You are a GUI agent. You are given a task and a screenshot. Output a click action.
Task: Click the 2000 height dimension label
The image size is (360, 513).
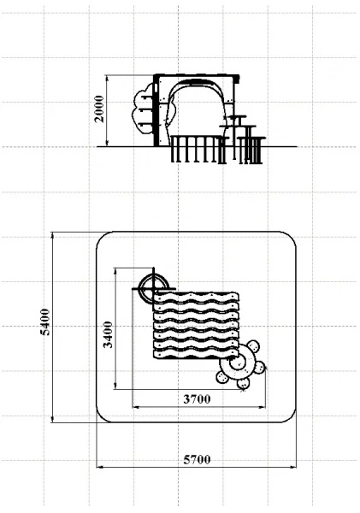coord(99,109)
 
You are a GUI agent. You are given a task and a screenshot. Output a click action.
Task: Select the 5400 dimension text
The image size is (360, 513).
coord(44,322)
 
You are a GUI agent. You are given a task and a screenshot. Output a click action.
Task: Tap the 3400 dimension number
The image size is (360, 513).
coord(108,334)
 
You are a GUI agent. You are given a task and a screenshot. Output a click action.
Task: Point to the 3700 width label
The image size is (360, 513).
coord(197,399)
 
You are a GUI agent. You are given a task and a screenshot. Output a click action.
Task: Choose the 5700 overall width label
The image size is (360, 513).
coord(197,460)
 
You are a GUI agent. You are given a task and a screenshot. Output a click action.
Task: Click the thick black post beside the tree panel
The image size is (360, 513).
coord(156,110)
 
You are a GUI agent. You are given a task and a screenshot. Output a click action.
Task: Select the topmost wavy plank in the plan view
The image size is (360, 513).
coord(197,298)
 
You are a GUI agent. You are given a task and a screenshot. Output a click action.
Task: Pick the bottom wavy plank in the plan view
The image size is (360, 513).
coord(196,353)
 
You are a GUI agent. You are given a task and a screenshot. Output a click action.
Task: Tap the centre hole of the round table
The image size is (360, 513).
coord(237,363)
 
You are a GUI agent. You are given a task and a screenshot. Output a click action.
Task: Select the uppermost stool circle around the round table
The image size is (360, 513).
coord(252,347)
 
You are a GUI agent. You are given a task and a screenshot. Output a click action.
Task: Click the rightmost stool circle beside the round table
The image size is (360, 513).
coord(258,368)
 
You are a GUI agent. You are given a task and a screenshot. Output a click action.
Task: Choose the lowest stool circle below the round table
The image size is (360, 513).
coord(244,383)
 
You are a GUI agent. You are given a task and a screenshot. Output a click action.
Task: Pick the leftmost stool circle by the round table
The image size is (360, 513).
coord(222,377)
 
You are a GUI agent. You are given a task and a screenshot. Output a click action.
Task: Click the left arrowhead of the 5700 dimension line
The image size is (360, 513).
coord(99,467)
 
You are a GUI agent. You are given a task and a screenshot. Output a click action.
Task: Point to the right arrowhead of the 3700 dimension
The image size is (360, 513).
coord(263,407)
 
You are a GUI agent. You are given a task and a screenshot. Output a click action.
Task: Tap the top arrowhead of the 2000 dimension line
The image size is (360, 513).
coord(107,78)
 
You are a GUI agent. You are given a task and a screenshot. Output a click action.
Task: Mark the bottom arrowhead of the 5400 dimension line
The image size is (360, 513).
coord(53,419)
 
